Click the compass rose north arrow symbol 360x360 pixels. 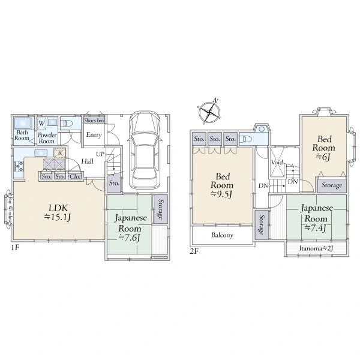click(209, 112)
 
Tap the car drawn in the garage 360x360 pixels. click(145, 150)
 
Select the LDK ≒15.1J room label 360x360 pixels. click(58, 212)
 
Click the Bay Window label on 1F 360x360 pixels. click(10, 210)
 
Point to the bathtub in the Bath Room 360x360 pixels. click(23, 123)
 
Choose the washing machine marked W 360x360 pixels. click(41, 123)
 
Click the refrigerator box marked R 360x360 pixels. click(59, 153)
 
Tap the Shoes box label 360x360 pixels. click(94, 121)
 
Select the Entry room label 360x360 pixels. click(94, 135)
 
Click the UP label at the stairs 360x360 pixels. click(100, 154)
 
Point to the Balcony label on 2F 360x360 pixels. click(222, 235)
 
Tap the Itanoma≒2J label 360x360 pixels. click(316, 248)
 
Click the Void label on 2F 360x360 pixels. click(277, 163)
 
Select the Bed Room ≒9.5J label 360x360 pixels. click(222, 185)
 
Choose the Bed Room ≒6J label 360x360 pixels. click(324, 148)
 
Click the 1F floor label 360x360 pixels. click(15, 247)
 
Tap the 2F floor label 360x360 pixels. click(194, 251)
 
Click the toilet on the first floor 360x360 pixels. click(67, 124)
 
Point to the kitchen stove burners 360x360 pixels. click(19, 166)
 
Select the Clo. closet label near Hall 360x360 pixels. click(75, 176)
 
